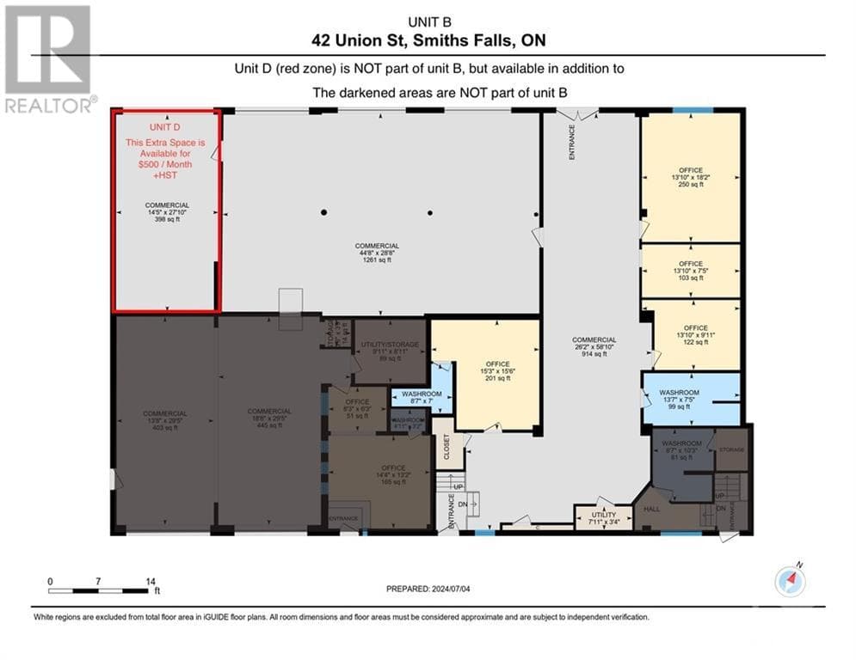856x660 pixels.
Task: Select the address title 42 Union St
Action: (428, 40)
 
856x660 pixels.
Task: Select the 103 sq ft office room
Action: (690, 271)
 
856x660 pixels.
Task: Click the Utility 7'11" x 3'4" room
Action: (603, 518)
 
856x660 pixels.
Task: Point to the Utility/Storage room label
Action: (390, 345)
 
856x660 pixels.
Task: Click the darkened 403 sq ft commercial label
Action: (164, 420)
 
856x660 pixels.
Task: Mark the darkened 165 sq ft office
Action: (381, 474)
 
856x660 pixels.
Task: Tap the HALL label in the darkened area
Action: (651, 510)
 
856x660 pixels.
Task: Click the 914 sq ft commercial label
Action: (594, 346)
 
